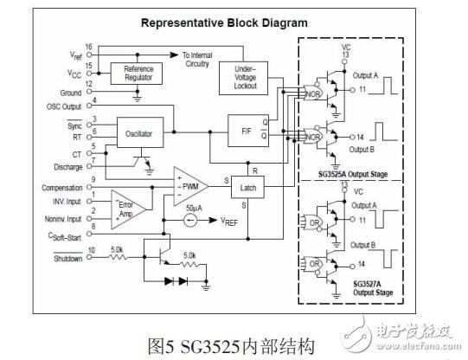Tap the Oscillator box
[139, 133]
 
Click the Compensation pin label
[50, 187]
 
